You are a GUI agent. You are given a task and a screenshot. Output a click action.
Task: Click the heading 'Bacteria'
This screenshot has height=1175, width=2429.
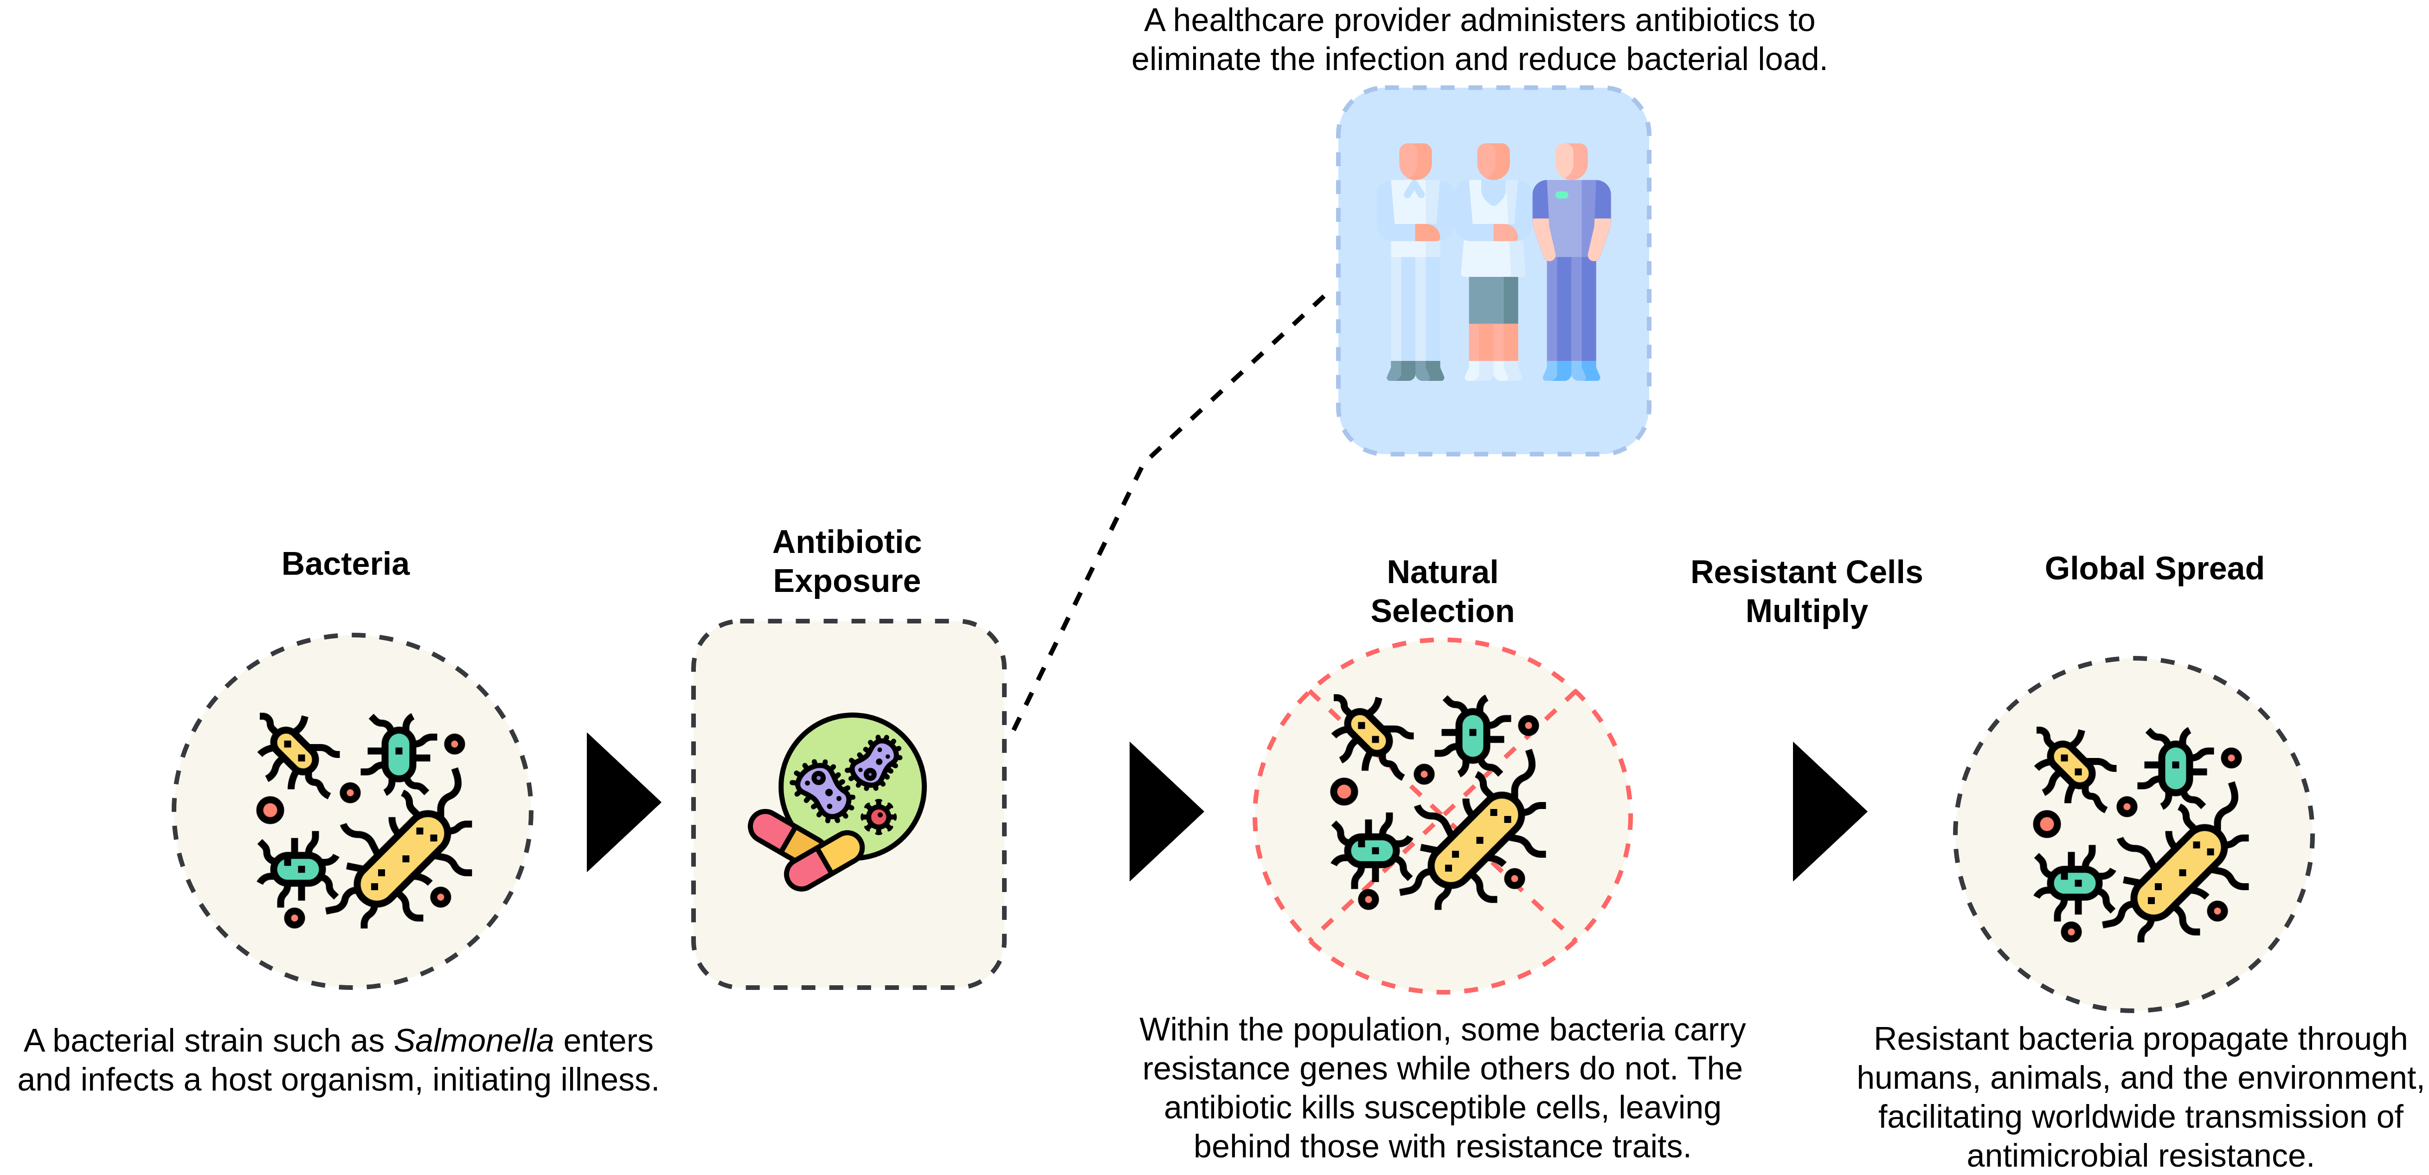point(345,564)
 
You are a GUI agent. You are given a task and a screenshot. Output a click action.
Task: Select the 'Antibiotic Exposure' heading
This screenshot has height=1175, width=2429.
point(847,561)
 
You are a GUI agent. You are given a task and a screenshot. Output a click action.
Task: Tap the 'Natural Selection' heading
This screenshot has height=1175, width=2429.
point(1442,591)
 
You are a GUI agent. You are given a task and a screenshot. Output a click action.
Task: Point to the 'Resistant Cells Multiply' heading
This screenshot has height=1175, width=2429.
point(1806,591)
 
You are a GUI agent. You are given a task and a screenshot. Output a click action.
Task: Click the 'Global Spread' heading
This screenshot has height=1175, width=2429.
point(2153,569)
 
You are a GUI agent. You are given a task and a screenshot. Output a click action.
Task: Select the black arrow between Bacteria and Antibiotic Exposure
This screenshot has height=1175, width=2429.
point(617,803)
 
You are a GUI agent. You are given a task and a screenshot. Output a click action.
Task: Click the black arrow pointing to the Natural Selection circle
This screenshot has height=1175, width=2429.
point(1160,811)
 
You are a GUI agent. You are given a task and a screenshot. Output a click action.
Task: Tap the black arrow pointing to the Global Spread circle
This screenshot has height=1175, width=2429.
point(1824,811)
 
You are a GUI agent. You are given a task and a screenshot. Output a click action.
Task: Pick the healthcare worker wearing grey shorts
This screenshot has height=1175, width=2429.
point(1493,259)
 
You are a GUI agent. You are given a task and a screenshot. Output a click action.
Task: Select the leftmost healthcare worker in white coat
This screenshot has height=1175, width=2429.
point(1414,259)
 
